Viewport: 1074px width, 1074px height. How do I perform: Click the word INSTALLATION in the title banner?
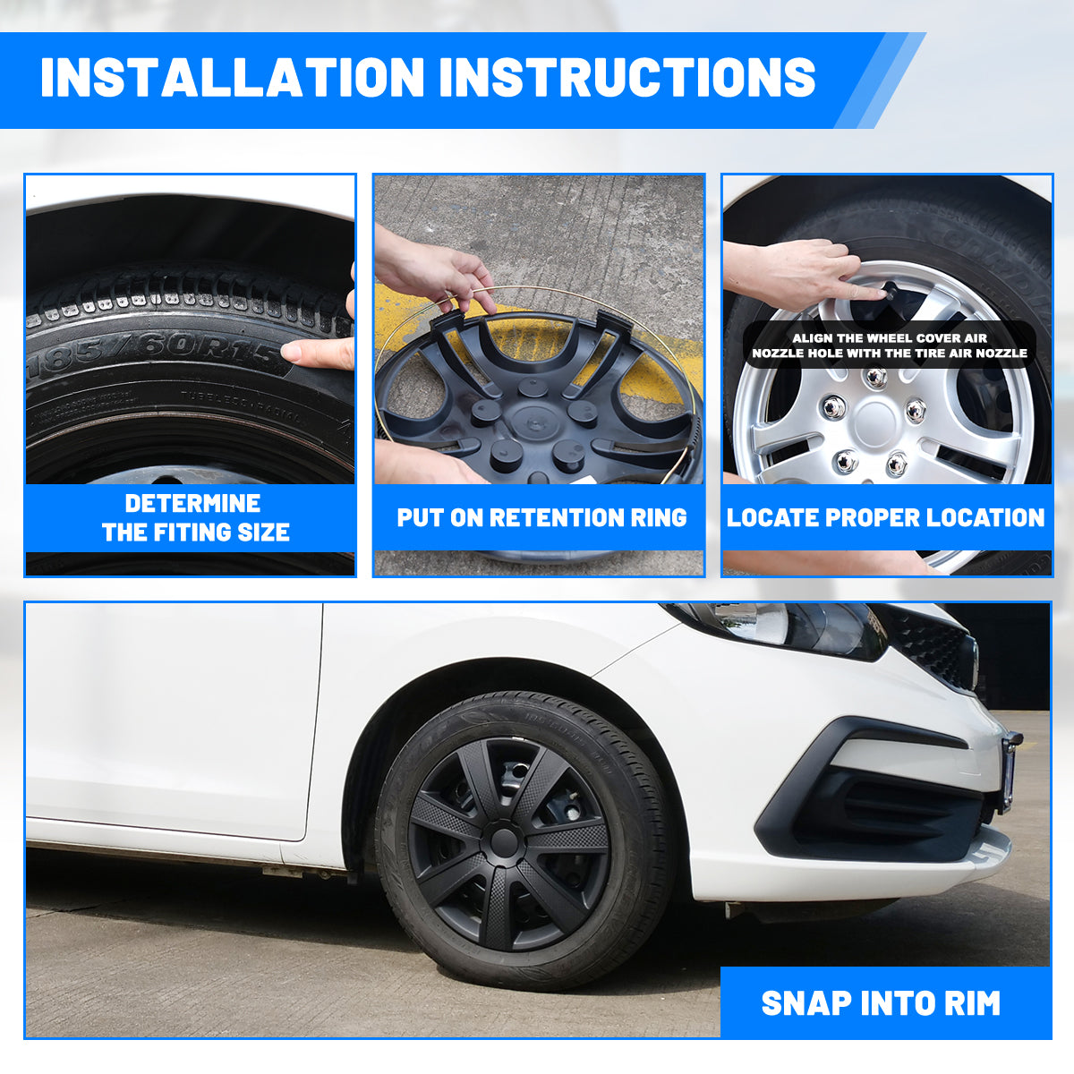(x=233, y=77)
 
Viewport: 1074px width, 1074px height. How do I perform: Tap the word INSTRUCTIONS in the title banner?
(x=627, y=77)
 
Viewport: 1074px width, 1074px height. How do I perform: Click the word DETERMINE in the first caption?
(x=192, y=503)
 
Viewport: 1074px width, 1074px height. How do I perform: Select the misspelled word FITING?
(x=192, y=532)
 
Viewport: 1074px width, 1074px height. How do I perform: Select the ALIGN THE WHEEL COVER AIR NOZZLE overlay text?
(x=890, y=345)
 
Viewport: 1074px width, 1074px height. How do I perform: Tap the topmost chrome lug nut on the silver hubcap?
(x=875, y=378)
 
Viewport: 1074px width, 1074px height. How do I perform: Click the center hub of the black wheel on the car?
(x=504, y=840)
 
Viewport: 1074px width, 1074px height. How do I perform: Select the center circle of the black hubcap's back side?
(x=533, y=419)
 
